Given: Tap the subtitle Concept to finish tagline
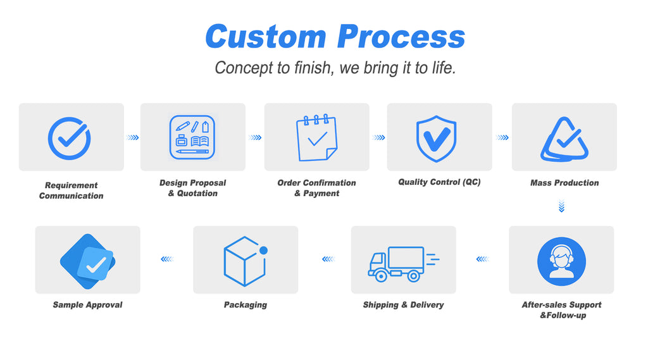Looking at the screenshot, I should tap(335, 68).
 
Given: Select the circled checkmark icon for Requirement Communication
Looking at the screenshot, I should tap(70, 137).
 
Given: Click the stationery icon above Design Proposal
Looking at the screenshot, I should tap(192, 137).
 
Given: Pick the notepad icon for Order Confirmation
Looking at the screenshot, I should tap(316, 137).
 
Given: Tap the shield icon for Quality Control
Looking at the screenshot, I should tap(436, 138).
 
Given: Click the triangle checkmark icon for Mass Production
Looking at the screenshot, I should tap(564, 139).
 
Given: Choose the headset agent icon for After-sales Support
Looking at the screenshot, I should tap(561, 261).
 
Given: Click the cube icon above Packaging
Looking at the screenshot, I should tap(245, 261).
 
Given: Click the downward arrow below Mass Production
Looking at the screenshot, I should tap(561, 206).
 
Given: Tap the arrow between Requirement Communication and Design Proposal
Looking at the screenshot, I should tap(132, 137).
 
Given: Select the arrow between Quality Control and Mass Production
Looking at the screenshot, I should tap(502, 137).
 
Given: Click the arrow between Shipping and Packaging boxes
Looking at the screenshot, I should tap(327, 259).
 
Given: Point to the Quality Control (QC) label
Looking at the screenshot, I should tap(439, 182).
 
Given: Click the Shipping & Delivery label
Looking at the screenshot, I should tap(403, 305).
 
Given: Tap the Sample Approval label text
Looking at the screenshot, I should tap(87, 305).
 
